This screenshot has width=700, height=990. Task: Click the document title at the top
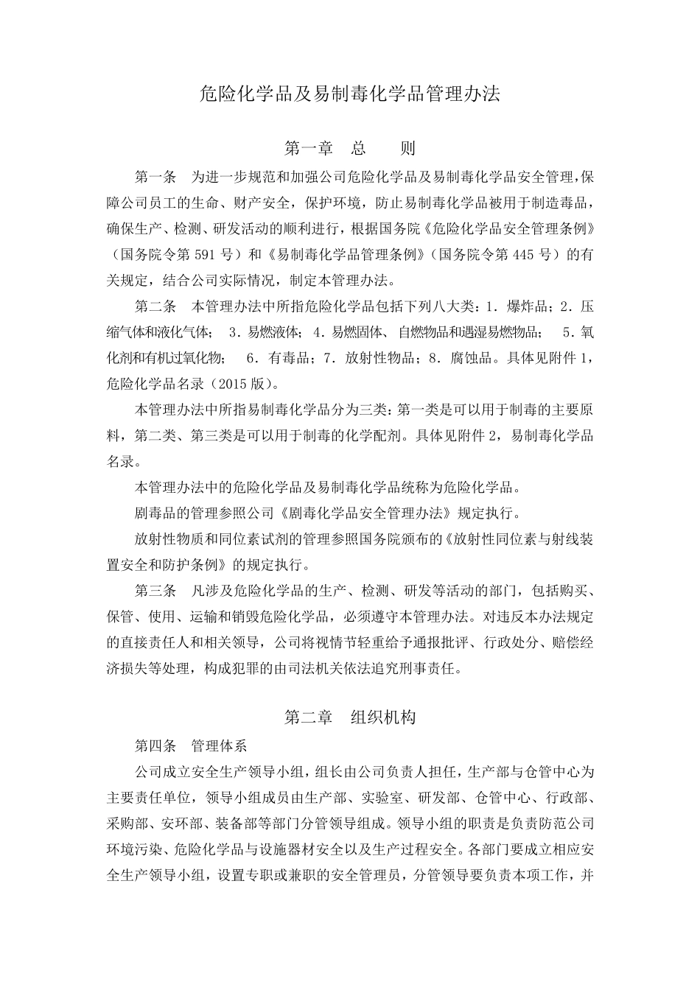click(x=350, y=94)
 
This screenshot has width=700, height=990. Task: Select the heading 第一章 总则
click(x=350, y=148)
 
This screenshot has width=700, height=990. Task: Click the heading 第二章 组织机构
click(x=350, y=717)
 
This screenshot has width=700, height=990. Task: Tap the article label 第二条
click(x=155, y=306)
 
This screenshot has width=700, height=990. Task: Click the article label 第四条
click(x=155, y=745)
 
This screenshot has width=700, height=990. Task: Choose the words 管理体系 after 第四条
click(x=219, y=745)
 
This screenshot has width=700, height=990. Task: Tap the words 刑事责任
click(x=435, y=669)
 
